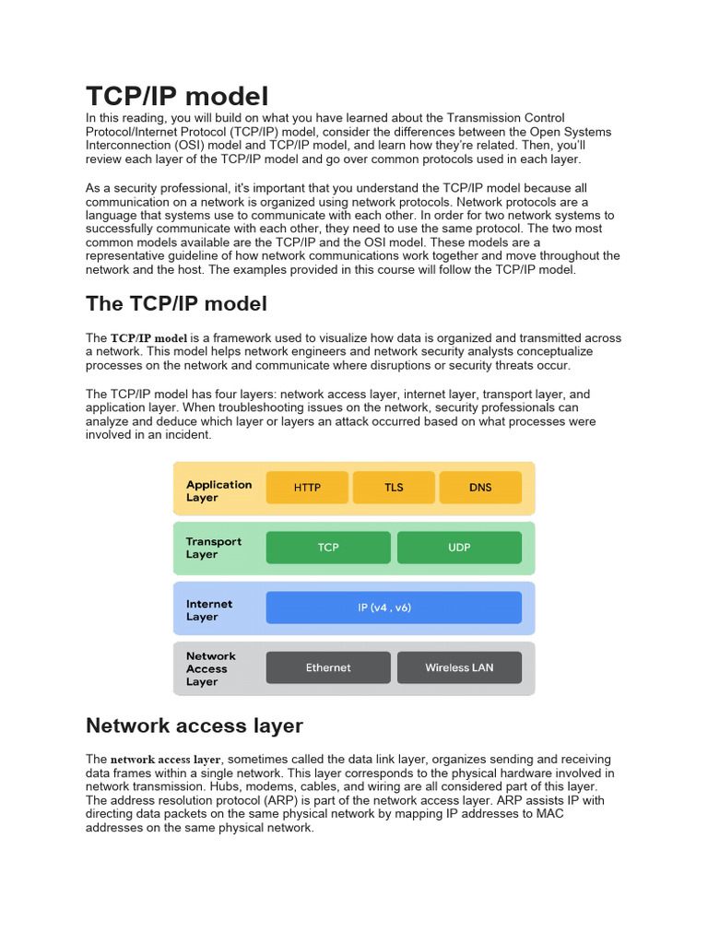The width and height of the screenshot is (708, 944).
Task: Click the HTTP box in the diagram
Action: (x=307, y=488)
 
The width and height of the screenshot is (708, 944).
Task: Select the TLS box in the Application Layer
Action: (x=394, y=488)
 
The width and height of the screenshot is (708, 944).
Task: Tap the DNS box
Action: (x=480, y=488)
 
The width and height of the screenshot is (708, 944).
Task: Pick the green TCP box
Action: (x=328, y=548)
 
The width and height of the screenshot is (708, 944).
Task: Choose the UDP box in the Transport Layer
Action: (x=459, y=548)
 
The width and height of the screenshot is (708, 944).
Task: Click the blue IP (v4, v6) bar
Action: (x=394, y=608)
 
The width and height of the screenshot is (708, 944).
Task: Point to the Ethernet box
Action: (x=328, y=667)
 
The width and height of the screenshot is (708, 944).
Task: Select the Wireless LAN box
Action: (x=459, y=667)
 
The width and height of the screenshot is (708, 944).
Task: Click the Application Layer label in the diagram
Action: (x=218, y=490)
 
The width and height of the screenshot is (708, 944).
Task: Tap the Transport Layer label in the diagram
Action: (x=213, y=548)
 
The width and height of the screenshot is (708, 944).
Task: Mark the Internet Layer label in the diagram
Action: (x=209, y=610)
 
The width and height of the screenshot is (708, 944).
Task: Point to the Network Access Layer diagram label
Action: (x=210, y=668)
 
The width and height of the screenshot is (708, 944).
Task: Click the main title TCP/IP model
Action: (x=177, y=96)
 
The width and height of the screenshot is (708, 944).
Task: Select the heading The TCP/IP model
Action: (x=176, y=304)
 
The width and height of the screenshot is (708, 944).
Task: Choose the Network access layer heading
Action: (x=194, y=726)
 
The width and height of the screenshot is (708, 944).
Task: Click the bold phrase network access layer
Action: (x=166, y=760)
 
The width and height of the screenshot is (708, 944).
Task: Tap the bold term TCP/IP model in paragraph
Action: (x=148, y=338)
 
